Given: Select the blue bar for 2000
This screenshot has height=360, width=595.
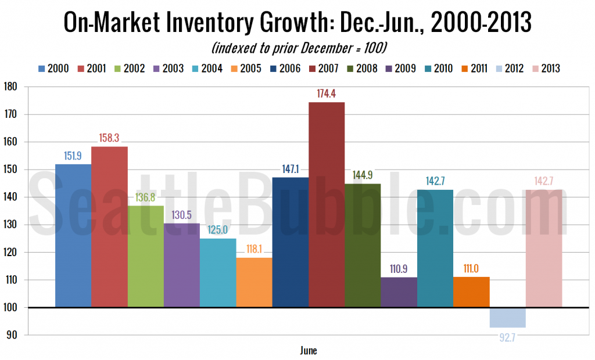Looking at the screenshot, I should [73, 235].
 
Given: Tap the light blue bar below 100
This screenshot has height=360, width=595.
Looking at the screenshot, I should [507, 318].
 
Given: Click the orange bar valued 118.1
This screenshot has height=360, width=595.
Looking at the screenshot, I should [254, 282].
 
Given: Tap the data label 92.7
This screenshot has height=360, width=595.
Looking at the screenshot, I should [507, 335].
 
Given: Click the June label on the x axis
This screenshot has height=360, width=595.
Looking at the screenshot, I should [309, 351].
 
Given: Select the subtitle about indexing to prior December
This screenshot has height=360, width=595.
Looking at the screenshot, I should [297, 46].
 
